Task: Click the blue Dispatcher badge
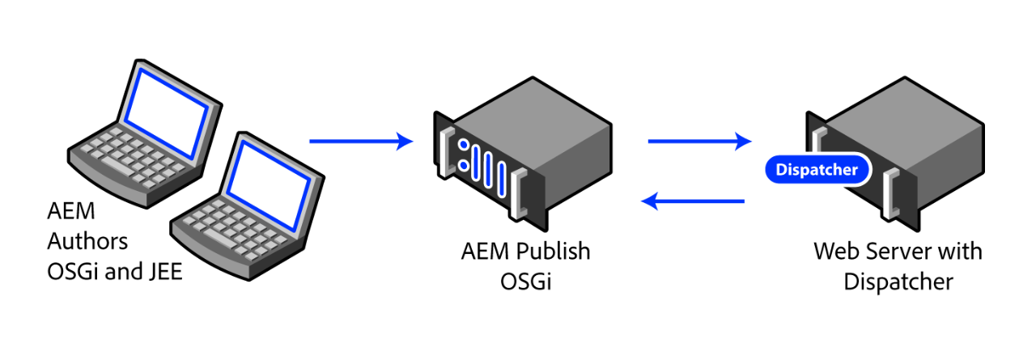tap(817, 170)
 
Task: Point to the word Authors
tap(87, 242)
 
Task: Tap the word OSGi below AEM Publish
tap(525, 282)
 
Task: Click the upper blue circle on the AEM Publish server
tap(464, 146)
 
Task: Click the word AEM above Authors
tap(71, 212)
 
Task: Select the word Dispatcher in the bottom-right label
tap(898, 282)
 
